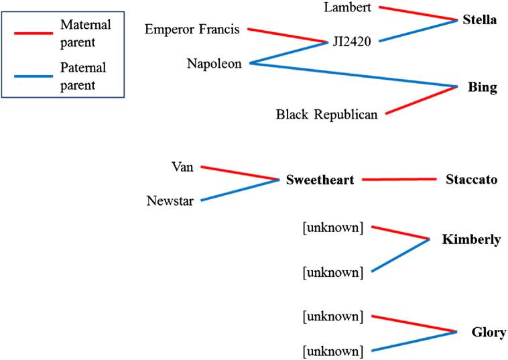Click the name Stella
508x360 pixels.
click(x=479, y=19)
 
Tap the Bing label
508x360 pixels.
click(x=483, y=87)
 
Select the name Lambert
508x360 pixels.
click(x=348, y=7)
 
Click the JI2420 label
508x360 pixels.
click(x=351, y=42)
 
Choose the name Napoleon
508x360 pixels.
click(x=214, y=63)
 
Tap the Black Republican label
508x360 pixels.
click(x=326, y=114)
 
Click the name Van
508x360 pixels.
click(x=182, y=167)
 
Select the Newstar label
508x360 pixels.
click(x=170, y=200)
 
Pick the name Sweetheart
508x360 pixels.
click(x=320, y=180)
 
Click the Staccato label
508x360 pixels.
click(x=471, y=180)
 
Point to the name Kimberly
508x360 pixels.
click(x=471, y=239)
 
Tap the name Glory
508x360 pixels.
click(x=489, y=333)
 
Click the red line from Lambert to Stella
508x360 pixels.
click(x=416, y=13)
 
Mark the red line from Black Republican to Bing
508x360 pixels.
click(x=420, y=101)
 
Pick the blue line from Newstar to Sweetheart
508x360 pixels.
click(x=240, y=190)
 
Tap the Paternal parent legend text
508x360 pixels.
click(x=83, y=76)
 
